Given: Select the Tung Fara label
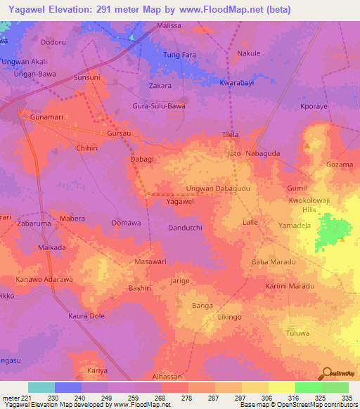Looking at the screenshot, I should click(x=179, y=55).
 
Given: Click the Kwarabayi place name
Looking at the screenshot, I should click(x=236, y=82).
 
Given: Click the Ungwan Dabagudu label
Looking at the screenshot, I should click(x=217, y=189).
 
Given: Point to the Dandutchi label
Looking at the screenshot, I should click(x=186, y=228).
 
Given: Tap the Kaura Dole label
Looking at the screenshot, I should click(x=86, y=316).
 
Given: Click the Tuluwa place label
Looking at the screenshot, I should click(x=297, y=333).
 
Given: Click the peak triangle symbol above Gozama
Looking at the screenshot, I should click(x=307, y=146).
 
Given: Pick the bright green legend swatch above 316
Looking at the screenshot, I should click(x=308, y=387).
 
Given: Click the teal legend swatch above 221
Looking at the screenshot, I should click(x=41, y=387).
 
